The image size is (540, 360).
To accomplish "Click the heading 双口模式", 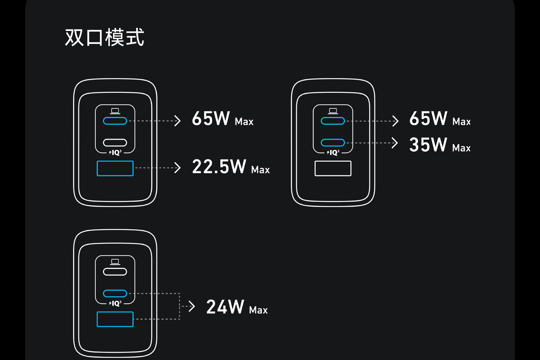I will [x=104, y=37].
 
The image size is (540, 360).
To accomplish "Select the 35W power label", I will [x=428, y=145].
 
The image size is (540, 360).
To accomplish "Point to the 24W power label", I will [x=225, y=307].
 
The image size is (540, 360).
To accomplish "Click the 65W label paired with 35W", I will [x=428, y=118].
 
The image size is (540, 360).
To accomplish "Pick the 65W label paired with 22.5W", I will [x=211, y=118].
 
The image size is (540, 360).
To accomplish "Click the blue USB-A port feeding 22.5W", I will [x=115, y=168].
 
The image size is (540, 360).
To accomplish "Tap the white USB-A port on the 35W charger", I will [x=333, y=168].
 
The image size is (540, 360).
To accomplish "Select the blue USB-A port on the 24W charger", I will [x=115, y=319].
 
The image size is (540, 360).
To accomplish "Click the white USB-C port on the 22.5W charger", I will [x=115, y=143].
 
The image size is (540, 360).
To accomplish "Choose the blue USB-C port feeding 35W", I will [x=333, y=143].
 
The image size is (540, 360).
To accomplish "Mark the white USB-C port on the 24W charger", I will [x=115, y=271].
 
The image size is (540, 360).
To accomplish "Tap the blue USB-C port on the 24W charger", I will [x=115, y=293].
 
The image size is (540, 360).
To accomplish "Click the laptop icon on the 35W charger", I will [x=333, y=111].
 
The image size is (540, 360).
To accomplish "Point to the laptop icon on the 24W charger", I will [x=115, y=262].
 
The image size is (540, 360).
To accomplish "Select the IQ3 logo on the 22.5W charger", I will [x=115, y=153].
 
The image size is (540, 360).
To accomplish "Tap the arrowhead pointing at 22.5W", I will [x=177, y=168].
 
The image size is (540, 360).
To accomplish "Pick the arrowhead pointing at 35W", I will [x=395, y=143].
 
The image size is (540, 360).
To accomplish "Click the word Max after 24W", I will [x=258, y=310].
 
